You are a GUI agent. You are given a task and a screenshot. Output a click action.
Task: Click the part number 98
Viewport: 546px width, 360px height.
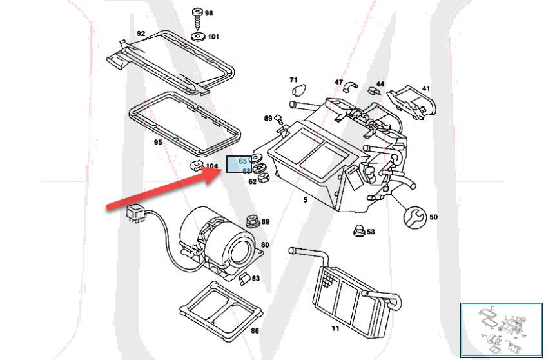[x=209, y=13]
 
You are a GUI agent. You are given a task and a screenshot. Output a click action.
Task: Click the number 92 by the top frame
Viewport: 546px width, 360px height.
[x=141, y=34]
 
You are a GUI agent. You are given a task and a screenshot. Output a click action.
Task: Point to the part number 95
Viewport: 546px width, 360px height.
[x=158, y=143]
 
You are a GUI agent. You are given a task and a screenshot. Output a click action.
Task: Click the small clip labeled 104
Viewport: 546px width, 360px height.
[x=195, y=165]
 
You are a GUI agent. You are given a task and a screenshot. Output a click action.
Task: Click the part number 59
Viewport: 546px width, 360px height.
[x=268, y=118]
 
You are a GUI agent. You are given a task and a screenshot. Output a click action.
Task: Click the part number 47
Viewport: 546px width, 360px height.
[x=338, y=82]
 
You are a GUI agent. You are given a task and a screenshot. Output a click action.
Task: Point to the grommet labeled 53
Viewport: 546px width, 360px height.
[x=358, y=230]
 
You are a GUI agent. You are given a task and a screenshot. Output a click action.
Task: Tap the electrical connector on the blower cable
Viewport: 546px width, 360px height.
[x=135, y=210]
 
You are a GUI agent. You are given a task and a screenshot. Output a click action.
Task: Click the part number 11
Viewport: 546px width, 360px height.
[x=335, y=328]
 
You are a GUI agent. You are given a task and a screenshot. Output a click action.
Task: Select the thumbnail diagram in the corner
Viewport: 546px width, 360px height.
[x=502, y=329]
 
